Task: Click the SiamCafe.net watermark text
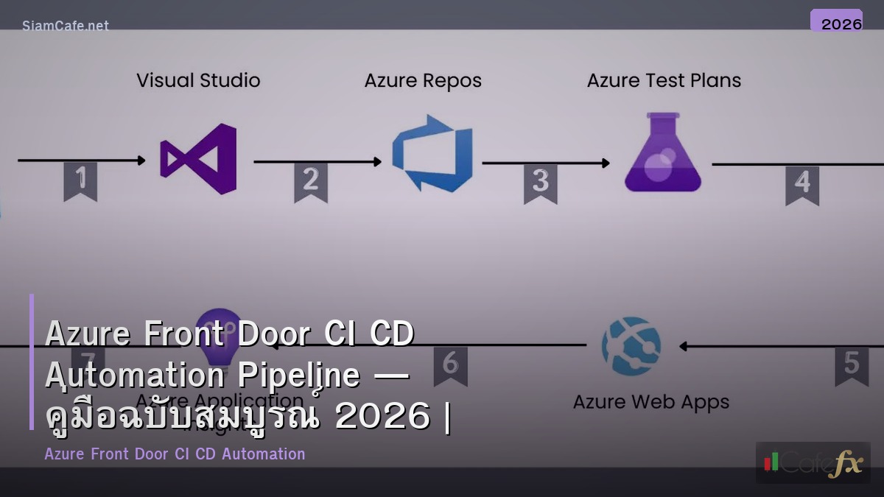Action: pos(66,26)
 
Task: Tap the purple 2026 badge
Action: pos(836,22)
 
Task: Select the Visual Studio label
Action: pos(198,80)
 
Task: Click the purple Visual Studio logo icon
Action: pos(200,159)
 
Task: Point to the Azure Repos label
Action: pos(423,81)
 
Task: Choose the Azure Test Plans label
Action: pos(664,81)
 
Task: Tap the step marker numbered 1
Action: pos(80,180)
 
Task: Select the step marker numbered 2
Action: pos(310,181)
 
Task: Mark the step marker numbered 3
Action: pos(541,183)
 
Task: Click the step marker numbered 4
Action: pos(802,184)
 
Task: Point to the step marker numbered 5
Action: pos(851,365)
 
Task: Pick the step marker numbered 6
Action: pos(450,365)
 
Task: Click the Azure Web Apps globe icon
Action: pos(631,346)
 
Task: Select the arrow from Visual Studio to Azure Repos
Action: pos(318,162)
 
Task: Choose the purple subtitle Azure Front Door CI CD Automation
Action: pos(175,454)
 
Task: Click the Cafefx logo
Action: pos(813,463)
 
